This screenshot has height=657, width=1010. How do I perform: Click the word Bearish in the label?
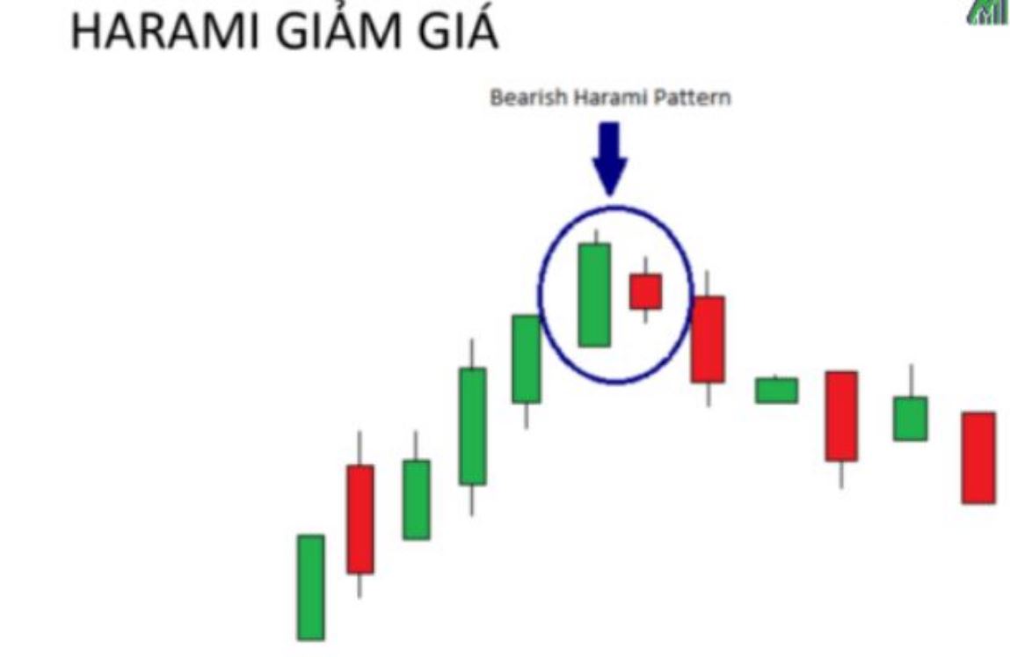[x=529, y=98]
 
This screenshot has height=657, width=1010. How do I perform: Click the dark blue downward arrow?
[x=609, y=158]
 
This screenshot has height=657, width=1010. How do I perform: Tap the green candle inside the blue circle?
[x=594, y=295]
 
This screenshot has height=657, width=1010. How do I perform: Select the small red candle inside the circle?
[x=645, y=291]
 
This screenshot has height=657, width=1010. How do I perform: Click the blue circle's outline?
[x=539, y=296]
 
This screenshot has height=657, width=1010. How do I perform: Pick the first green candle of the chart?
[x=310, y=588]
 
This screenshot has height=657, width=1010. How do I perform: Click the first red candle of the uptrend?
[x=360, y=519]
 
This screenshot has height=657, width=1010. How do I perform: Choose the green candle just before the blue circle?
[x=527, y=359]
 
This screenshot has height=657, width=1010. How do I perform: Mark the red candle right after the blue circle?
[x=708, y=339]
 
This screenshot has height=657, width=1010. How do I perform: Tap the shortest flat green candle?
[x=777, y=391]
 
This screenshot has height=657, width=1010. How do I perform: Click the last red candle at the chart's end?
[x=978, y=457]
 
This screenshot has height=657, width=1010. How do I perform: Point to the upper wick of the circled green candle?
[x=597, y=237]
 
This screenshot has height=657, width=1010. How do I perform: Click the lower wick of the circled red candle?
[x=645, y=316]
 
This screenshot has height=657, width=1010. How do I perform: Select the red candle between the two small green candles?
[x=841, y=417]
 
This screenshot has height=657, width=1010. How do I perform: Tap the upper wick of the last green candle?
[x=911, y=381]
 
